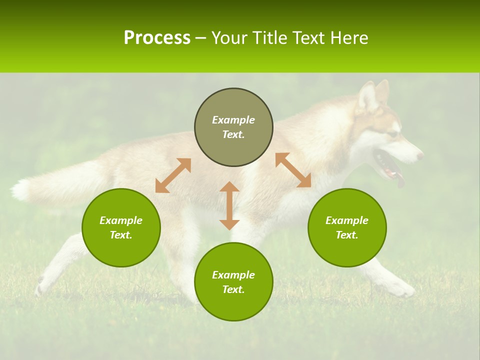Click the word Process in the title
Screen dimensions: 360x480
tap(157, 38)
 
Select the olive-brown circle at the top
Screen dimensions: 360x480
tap(233, 127)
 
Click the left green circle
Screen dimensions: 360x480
tap(121, 227)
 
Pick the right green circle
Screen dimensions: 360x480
tap(347, 227)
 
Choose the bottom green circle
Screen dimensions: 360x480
tap(233, 281)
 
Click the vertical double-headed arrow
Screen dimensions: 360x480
tap(229, 205)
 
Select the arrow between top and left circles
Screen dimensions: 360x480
tap(173, 175)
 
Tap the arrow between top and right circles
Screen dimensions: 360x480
tap(293, 170)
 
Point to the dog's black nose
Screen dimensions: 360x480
tap(420, 156)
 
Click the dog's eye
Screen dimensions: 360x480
tap(393, 133)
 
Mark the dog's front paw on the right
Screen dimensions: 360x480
tap(403, 289)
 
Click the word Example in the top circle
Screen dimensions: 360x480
tap(233, 120)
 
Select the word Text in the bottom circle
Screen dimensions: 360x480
tap(233, 289)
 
